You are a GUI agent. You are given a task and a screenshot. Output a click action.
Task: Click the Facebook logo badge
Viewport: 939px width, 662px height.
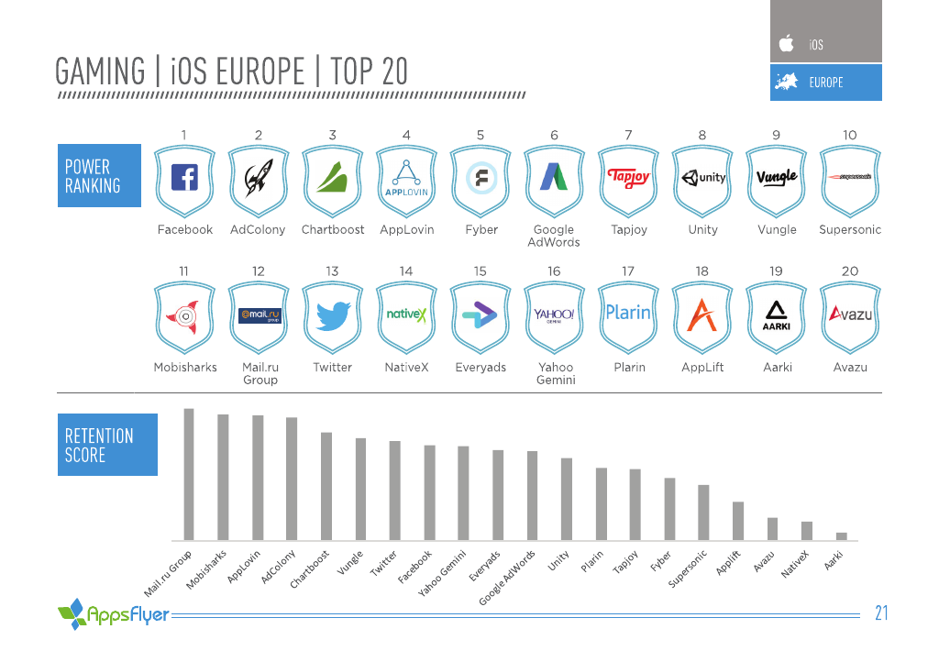[184, 179]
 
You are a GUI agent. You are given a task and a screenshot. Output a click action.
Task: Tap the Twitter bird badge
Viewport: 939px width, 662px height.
[333, 317]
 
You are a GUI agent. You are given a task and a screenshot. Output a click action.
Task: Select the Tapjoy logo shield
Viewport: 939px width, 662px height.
[628, 179]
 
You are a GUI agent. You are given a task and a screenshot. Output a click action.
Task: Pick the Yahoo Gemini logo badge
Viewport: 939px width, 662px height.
[554, 317]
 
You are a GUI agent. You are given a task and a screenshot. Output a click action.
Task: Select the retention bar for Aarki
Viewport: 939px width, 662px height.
[842, 535]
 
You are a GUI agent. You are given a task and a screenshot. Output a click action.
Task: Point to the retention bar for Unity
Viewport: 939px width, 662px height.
[567, 499]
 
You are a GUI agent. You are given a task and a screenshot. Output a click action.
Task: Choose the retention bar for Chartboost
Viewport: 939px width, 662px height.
[326, 486]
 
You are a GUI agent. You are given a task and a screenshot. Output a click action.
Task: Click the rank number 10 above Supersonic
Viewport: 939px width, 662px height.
[850, 135]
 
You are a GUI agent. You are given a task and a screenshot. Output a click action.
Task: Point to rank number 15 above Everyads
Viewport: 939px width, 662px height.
[481, 270]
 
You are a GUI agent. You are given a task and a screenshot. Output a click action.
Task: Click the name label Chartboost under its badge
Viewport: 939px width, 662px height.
[333, 230]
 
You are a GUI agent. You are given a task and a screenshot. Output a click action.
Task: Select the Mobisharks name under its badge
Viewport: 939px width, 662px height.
[185, 367]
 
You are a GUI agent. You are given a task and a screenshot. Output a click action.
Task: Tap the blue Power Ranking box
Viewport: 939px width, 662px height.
[99, 175]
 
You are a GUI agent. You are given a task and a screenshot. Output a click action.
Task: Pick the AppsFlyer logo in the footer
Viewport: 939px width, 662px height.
[114, 612]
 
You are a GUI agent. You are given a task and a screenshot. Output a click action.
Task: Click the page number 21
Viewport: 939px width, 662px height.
[881, 613]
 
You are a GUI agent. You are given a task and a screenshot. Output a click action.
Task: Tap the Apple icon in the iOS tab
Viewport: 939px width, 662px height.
[786, 43]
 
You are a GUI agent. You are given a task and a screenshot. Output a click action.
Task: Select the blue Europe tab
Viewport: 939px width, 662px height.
[826, 83]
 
